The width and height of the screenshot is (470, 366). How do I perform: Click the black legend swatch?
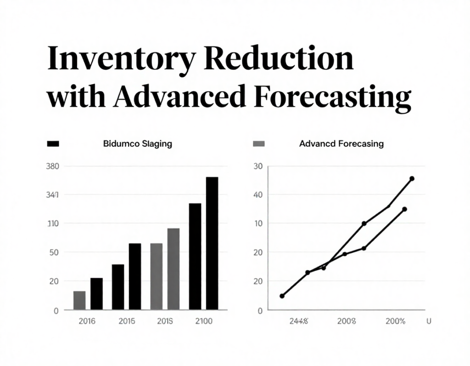click(53, 144)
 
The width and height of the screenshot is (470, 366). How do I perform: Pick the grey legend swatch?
click(259, 144)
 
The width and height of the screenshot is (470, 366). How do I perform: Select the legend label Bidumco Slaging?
click(138, 144)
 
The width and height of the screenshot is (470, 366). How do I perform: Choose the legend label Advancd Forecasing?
click(341, 144)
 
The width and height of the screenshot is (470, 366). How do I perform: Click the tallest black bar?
click(212, 243)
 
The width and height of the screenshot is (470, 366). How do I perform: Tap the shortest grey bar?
click(79, 300)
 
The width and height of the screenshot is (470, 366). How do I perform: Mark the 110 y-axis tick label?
click(53, 223)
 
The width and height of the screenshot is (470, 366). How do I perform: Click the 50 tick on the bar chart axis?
click(54, 252)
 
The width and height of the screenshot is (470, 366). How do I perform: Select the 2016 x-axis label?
click(87, 321)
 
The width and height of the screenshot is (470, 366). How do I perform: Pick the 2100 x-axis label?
click(203, 321)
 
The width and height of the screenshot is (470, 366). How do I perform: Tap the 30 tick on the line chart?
click(257, 166)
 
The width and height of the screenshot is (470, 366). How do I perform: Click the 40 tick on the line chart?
click(257, 195)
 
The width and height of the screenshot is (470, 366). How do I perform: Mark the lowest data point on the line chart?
click(282, 296)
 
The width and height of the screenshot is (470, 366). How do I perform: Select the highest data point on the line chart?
click(412, 178)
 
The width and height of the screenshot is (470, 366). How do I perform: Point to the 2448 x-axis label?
click(299, 321)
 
